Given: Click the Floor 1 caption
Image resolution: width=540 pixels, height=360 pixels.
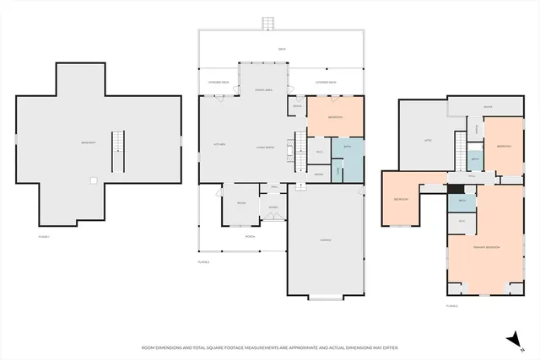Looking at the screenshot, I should point(44,237).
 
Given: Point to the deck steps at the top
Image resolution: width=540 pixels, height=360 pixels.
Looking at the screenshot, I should point(269,22).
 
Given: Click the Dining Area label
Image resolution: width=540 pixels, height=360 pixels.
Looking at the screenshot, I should point(262,89).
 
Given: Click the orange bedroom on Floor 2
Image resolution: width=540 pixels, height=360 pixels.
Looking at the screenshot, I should point(335,117).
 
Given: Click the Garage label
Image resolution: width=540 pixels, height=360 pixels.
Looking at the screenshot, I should point(325,240).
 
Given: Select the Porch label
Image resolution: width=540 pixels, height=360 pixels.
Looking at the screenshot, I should point(251,235).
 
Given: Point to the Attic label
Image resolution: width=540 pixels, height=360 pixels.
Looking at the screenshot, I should point(428,140).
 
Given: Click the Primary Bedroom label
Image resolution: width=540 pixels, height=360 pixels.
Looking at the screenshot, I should point(487,247).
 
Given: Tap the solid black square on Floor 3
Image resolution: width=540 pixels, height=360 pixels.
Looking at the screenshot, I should point(456,190).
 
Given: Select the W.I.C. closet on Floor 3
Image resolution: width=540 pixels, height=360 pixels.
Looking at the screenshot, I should point(462,221).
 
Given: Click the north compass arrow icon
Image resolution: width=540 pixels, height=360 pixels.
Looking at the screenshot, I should point(510,338).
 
